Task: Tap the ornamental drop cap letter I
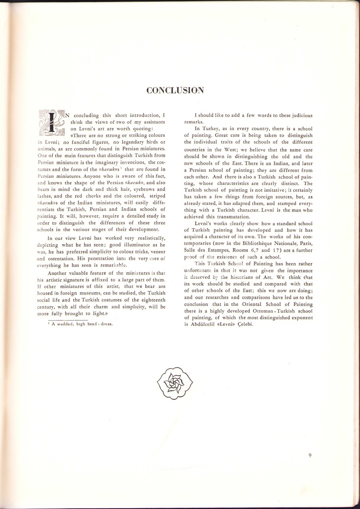(x=52, y=122)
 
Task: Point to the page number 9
(x=309, y=456)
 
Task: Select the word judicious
(x=296, y=116)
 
